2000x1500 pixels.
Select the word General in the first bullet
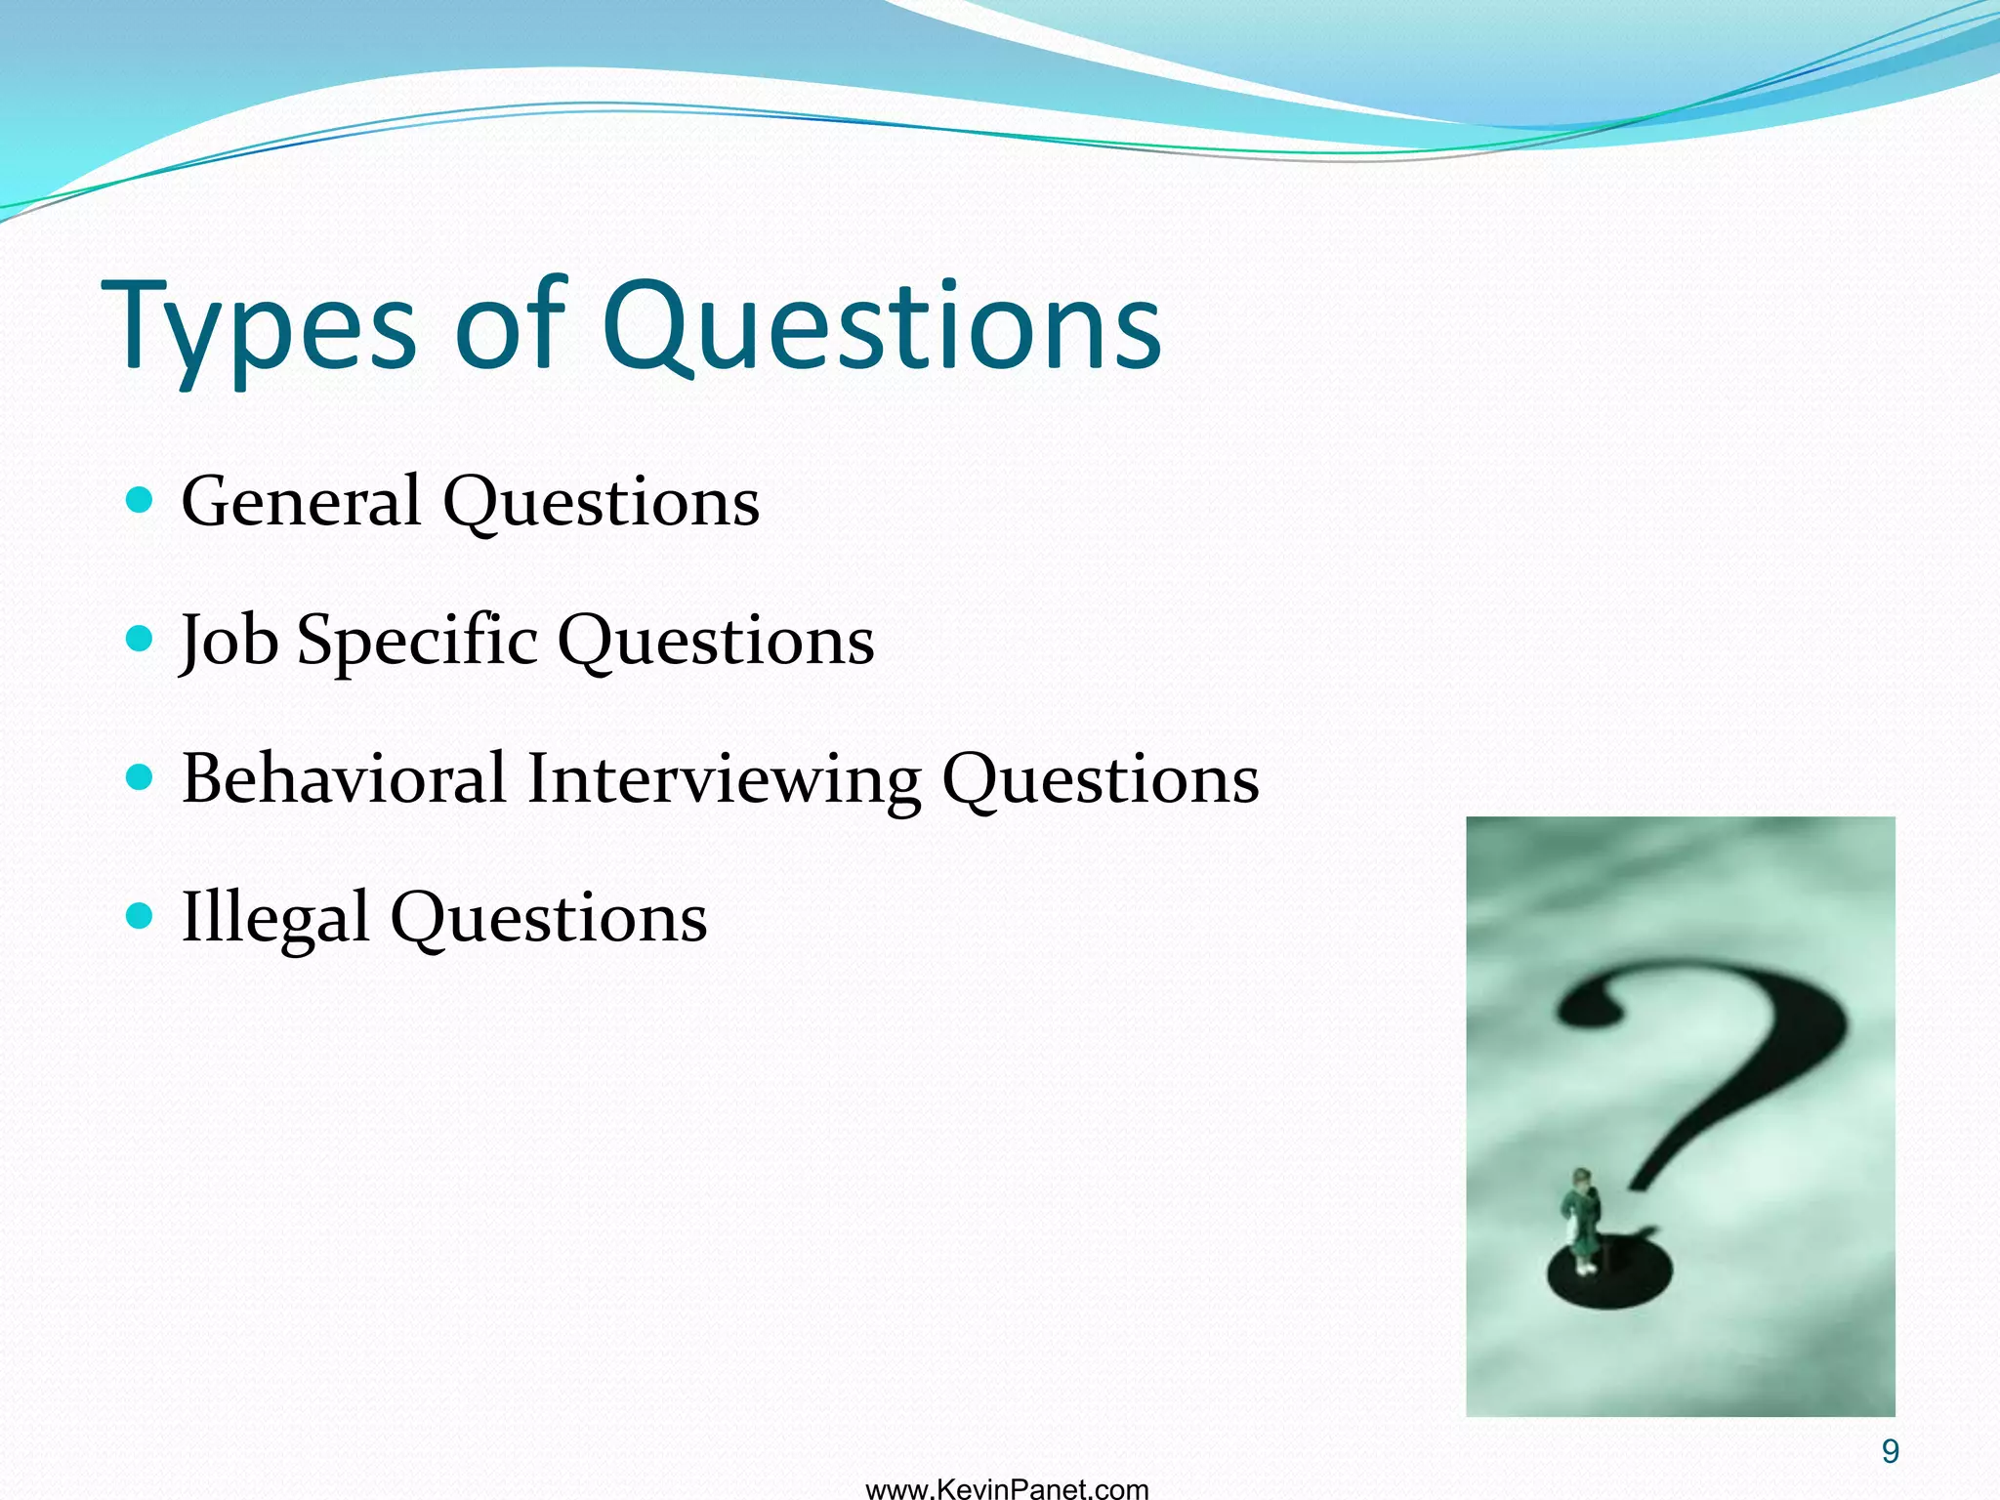point(301,502)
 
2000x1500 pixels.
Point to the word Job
point(229,642)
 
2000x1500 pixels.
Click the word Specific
point(417,642)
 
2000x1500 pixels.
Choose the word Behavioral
point(344,779)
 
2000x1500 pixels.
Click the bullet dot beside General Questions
point(141,501)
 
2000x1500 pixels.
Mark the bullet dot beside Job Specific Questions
point(141,640)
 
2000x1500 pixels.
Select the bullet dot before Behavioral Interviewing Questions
point(141,778)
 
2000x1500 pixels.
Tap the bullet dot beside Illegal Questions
point(141,917)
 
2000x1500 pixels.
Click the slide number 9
point(1891,1452)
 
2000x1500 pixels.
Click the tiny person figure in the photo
point(1581,1221)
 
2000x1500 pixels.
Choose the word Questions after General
point(601,502)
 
